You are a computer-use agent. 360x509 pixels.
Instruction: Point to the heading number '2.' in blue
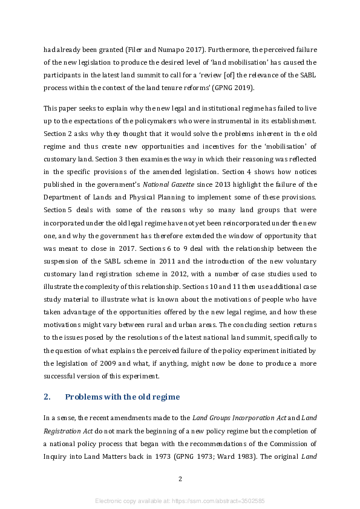pyautogui.click(x=47, y=397)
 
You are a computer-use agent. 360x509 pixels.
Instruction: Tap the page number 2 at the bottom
pyautogui.click(x=180, y=479)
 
